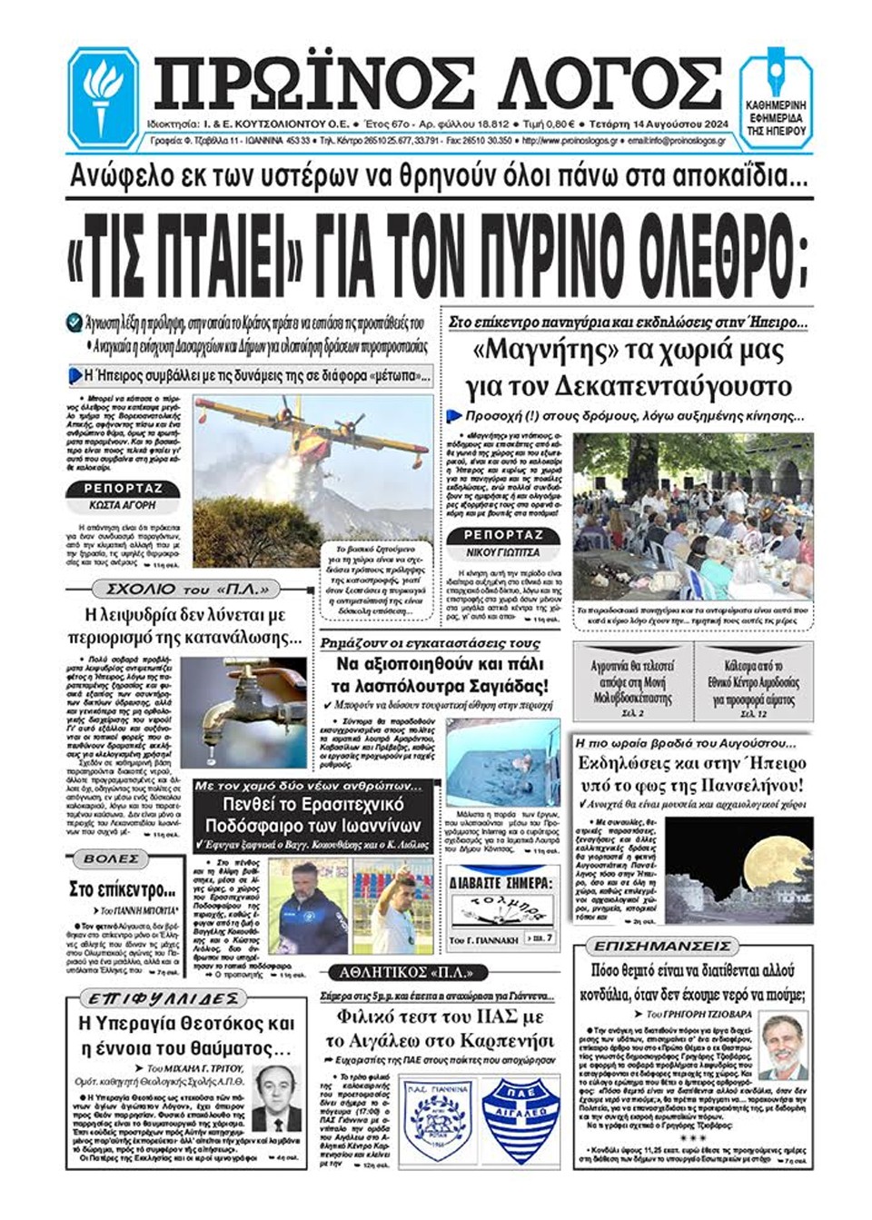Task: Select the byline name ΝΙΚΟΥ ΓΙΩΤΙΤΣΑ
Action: [502, 552]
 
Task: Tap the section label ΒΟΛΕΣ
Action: [112, 858]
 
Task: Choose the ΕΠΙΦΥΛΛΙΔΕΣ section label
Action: [151, 999]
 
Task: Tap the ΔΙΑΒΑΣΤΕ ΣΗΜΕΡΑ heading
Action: [500, 883]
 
